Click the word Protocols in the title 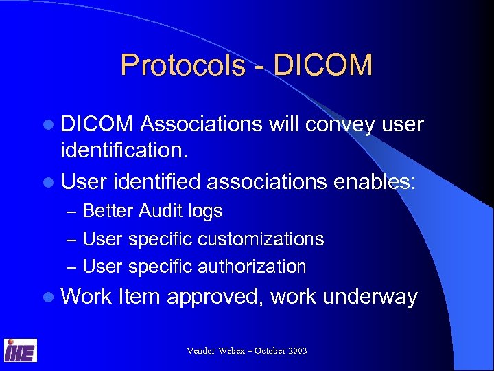point(182,65)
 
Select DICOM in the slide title point(322,65)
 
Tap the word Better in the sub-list point(108,211)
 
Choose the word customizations point(261,239)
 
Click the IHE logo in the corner point(21,350)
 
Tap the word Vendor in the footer point(202,351)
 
